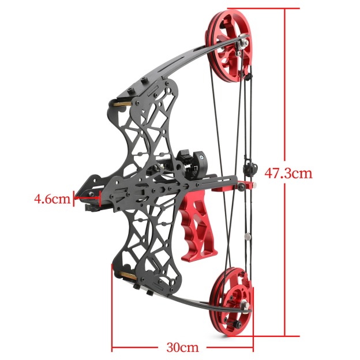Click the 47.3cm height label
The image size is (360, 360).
coord(288,172)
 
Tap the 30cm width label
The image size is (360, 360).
coord(182,347)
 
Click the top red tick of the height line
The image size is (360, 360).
coord(286,9)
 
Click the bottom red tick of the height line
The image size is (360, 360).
coord(286,335)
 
